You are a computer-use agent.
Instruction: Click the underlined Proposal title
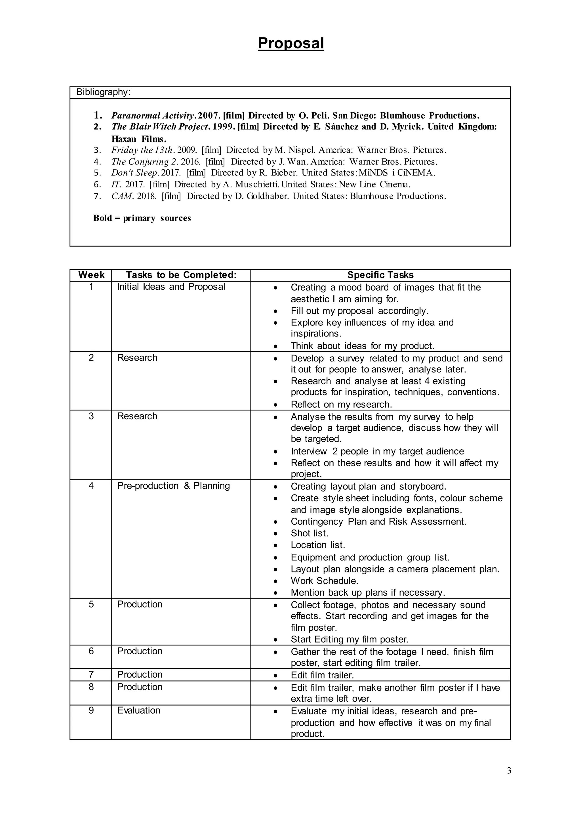(290, 43)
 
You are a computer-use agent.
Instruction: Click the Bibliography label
(103, 92)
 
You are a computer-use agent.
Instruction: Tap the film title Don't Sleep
(134, 173)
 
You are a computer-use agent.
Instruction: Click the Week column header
(91, 275)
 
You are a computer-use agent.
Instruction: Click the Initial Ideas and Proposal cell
(171, 287)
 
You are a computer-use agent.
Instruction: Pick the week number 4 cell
(91, 486)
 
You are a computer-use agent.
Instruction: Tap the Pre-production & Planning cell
(174, 486)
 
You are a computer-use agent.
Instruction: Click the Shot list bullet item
(310, 533)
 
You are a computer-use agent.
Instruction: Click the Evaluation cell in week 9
(138, 710)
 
